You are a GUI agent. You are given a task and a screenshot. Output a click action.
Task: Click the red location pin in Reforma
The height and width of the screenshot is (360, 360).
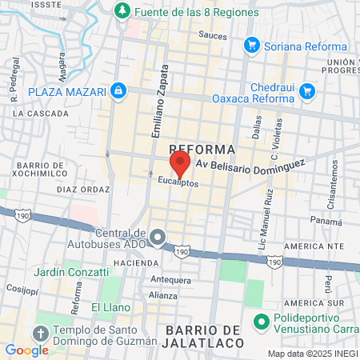180,164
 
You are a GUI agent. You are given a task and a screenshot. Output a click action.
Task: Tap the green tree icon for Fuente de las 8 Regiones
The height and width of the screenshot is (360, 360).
122,12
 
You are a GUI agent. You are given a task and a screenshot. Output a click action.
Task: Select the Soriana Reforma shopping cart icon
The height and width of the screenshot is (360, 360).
252,46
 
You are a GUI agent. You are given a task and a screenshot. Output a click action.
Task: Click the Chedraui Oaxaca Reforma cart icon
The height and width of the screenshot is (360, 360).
306,92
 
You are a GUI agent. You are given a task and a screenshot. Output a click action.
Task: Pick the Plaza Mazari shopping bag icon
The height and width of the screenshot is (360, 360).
118,91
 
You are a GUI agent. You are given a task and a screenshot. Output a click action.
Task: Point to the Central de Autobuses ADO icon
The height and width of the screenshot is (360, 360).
158,237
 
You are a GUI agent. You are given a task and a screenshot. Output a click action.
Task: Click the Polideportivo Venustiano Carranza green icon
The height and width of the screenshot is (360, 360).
259,324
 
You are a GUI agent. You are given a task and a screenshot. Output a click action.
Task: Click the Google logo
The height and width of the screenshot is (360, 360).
26,350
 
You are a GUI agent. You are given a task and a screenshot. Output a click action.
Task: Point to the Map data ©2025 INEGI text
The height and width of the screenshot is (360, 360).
312,354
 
